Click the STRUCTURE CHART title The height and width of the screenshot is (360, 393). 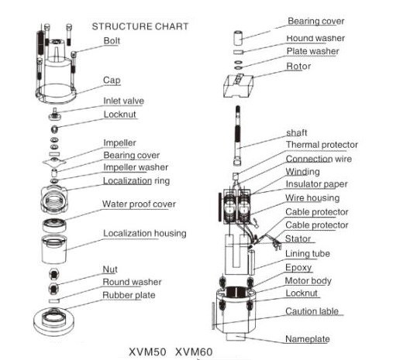click(140, 26)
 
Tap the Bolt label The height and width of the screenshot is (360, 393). click(112, 41)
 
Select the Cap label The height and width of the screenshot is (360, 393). click(112, 81)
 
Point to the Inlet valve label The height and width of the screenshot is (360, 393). click(124, 101)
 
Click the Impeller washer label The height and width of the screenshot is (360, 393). click(136, 167)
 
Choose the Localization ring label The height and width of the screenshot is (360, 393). click(136, 181)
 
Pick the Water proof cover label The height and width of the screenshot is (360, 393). click(139, 204)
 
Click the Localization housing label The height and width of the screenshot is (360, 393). click(145, 233)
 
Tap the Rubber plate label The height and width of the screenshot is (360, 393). click(129, 295)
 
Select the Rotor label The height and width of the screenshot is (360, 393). click(298, 67)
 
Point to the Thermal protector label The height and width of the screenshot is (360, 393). click(322, 145)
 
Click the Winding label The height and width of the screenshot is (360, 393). click(302, 172)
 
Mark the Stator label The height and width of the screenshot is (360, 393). click(298, 238)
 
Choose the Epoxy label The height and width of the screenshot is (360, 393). click(298, 268)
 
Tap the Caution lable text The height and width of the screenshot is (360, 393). click(312, 311)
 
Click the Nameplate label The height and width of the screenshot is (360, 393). click(308, 339)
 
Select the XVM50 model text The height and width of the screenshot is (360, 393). click(147, 352)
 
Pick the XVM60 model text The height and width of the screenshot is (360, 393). click(194, 352)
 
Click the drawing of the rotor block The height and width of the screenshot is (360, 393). click(238, 86)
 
